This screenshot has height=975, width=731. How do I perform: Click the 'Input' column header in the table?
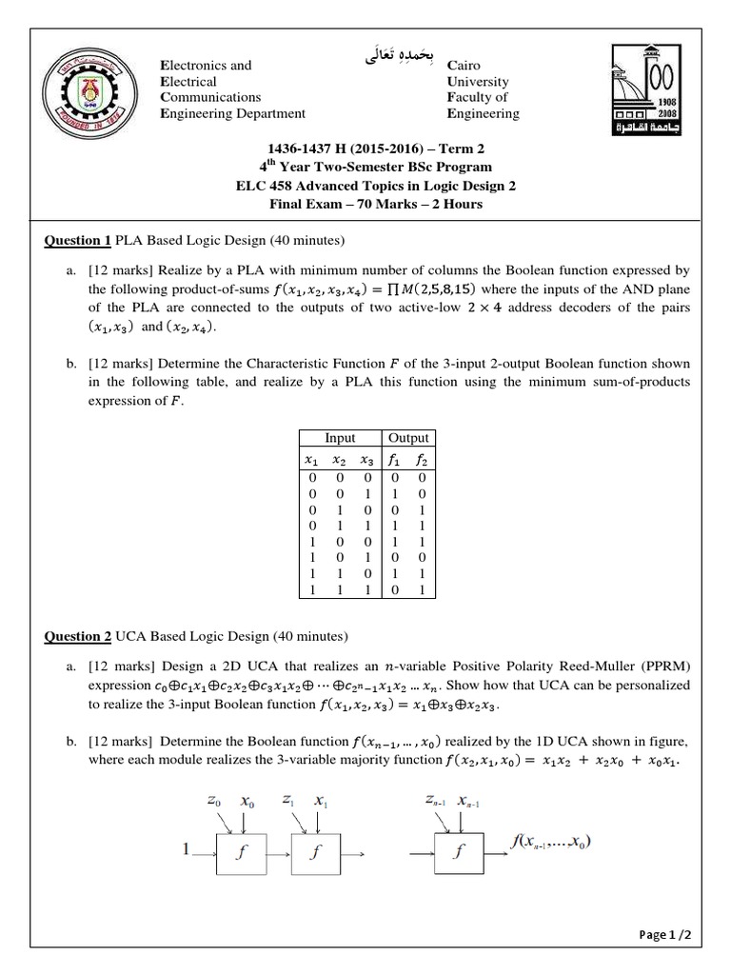[x=340, y=438]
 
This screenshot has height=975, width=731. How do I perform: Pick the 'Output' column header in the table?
[x=408, y=438]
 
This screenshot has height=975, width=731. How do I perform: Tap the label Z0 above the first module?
[x=216, y=802]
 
